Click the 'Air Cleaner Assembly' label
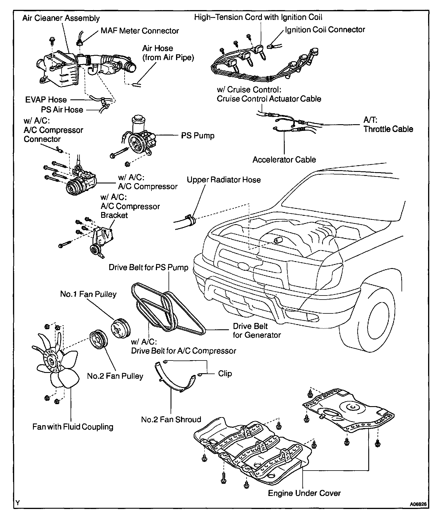[61, 18]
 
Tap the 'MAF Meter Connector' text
[140, 31]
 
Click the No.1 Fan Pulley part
[121, 328]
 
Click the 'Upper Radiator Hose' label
[223, 180]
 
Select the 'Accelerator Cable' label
[284, 160]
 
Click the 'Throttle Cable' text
[388, 129]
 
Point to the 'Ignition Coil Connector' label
[325, 30]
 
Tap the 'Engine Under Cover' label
[304, 493]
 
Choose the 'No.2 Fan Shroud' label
[171, 419]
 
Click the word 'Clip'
[225, 374]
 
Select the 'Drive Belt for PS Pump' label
[148, 267]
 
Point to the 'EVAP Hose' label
[46, 100]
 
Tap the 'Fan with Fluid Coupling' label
[73, 427]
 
